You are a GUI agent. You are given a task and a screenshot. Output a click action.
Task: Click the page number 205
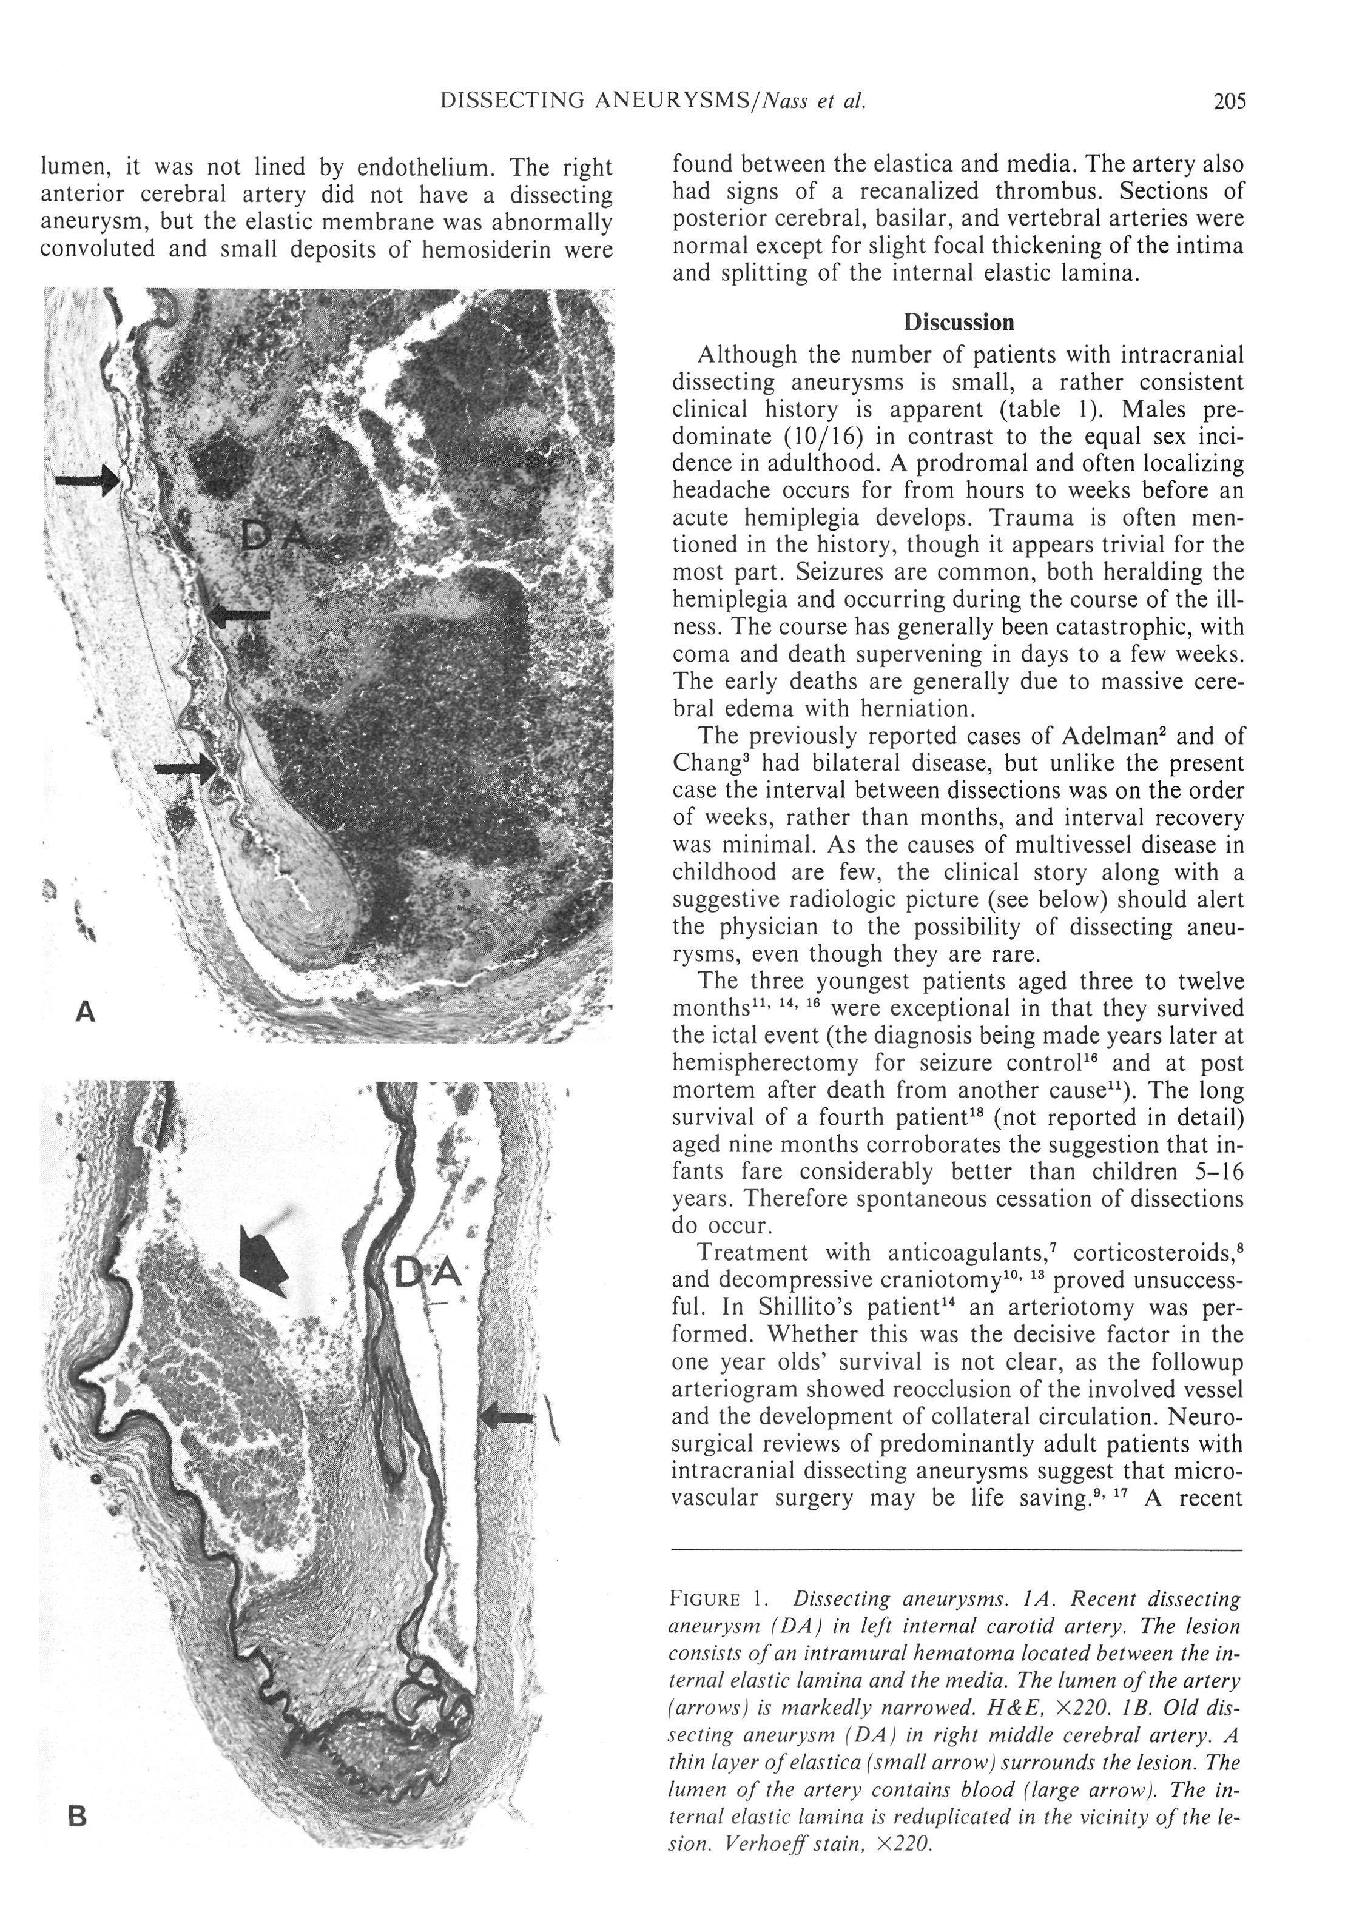(1229, 102)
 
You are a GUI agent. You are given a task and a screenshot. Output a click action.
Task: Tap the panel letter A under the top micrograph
(85, 1013)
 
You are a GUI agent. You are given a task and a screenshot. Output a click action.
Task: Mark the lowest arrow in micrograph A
(185, 767)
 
